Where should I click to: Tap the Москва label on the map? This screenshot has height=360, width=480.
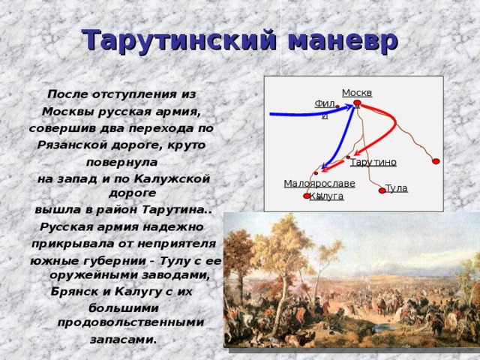point(357,93)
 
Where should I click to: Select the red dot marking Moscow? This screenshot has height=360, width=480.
point(358,103)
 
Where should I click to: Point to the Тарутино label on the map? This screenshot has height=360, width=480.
point(373,162)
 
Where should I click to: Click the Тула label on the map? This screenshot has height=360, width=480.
point(396,188)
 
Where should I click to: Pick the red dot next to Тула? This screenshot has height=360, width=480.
point(382,190)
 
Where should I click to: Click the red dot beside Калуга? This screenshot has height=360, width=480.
point(307,196)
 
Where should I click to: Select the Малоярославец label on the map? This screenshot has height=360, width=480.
point(319,184)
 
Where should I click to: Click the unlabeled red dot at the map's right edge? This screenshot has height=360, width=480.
point(436,161)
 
